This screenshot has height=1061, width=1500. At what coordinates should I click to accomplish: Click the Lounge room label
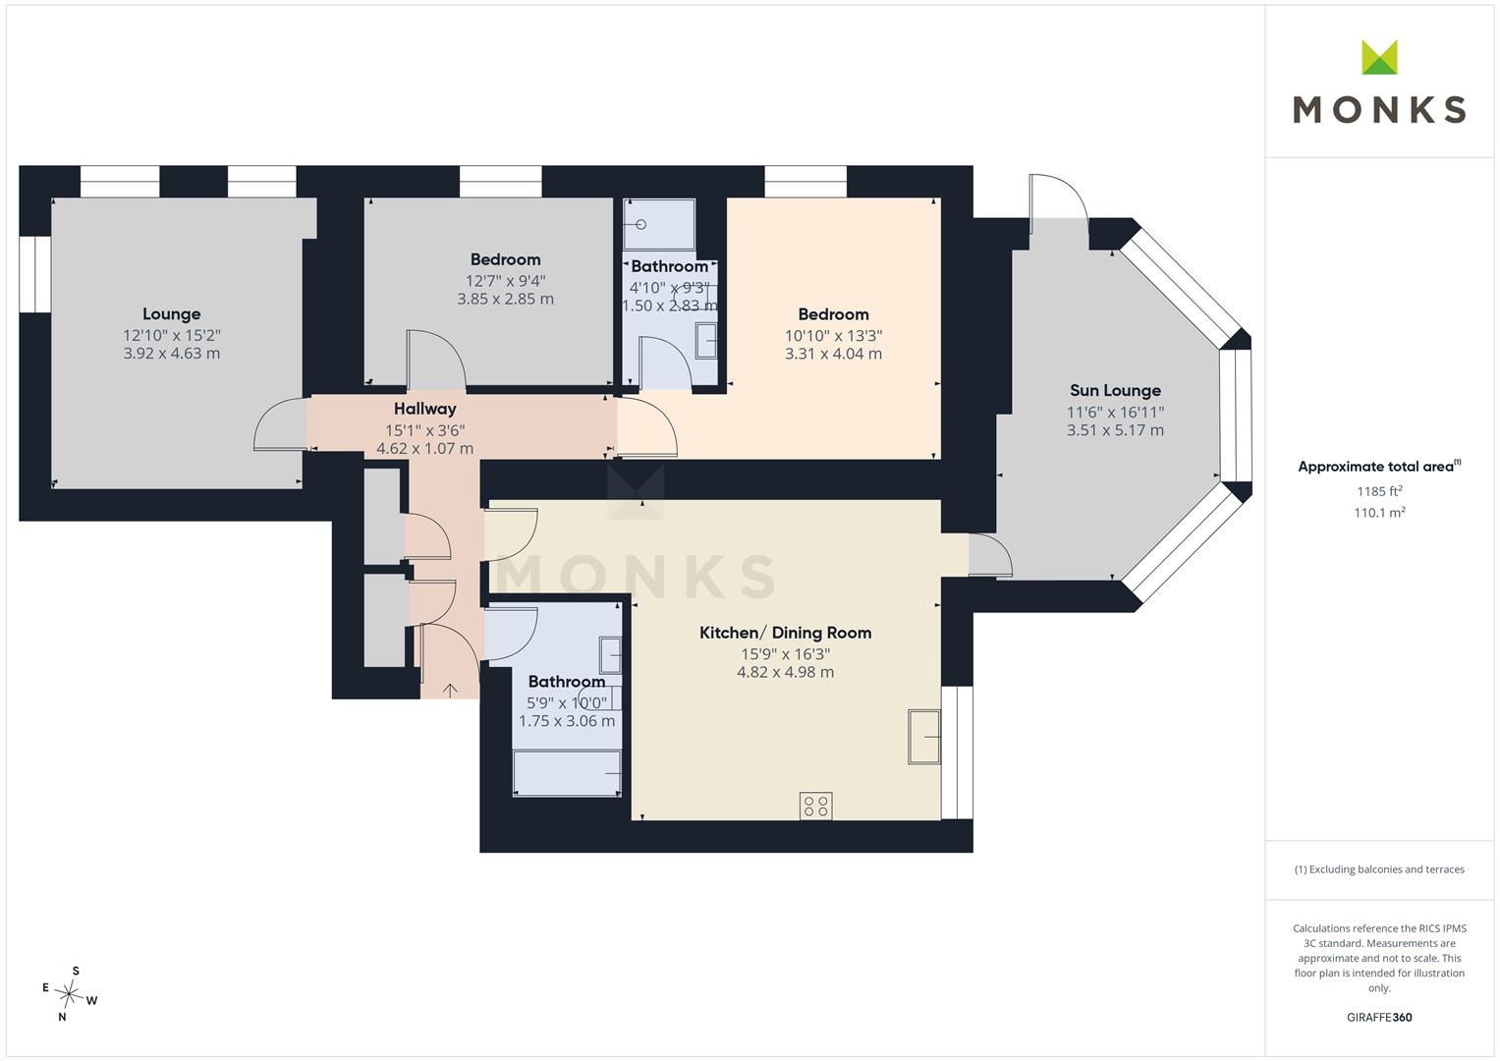[172, 313]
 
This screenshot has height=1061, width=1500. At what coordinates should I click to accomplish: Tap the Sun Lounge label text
[1115, 390]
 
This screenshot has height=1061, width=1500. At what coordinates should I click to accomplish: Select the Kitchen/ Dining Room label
[786, 633]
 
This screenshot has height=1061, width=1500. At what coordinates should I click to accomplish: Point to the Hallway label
[424, 409]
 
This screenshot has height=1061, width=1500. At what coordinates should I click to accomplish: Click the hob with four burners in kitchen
[816, 806]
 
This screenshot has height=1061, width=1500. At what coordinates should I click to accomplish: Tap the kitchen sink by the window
[924, 737]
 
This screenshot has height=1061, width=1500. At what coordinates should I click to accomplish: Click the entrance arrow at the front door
[449, 690]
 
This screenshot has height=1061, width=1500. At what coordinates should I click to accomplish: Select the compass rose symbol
[69, 993]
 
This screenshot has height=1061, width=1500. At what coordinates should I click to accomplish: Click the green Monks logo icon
[1379, 57]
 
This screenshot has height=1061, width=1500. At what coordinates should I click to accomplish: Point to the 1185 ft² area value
[1379, 491]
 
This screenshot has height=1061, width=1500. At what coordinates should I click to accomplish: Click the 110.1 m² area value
[1379, 513]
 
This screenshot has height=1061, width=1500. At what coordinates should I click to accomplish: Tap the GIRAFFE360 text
[1379, 1017]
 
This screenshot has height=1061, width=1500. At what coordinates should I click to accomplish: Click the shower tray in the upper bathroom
[659, 224]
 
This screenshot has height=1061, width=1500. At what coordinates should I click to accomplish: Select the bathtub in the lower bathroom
[567, 774]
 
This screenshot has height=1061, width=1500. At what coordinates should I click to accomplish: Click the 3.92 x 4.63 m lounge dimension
[172, 353]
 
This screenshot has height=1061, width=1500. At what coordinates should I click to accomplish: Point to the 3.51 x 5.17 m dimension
[1115, 430]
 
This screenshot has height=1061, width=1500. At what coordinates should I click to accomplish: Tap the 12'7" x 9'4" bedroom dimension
[506, 281]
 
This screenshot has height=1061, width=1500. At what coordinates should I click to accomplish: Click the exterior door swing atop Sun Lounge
[1058, 196]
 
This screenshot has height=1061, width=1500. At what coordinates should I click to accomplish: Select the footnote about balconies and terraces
[1379, 869]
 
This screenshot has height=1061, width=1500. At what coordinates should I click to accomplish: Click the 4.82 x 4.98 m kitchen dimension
[786, 672]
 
